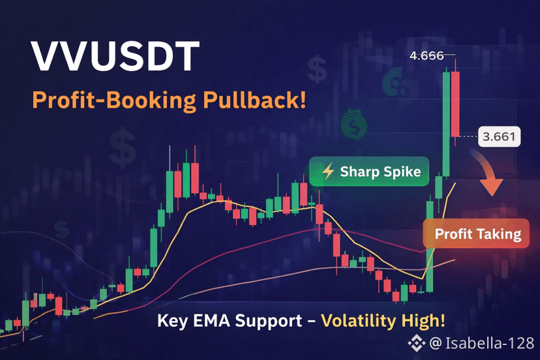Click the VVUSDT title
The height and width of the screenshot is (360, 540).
point(115,56)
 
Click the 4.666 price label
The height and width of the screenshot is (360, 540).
point(427,55)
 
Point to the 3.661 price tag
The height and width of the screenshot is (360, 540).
point(499,137)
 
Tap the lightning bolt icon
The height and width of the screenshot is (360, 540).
point(328,172)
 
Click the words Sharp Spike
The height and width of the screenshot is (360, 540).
point(380,172)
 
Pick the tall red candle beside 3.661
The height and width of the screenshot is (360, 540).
point(455,104)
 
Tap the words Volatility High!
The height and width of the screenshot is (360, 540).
point(383,321)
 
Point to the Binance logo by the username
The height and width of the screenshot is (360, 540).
point(417,343)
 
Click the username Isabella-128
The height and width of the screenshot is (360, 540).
point(490,343)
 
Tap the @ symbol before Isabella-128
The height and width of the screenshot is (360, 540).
point(436,344)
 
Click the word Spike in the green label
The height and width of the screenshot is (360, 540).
point(402,172)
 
